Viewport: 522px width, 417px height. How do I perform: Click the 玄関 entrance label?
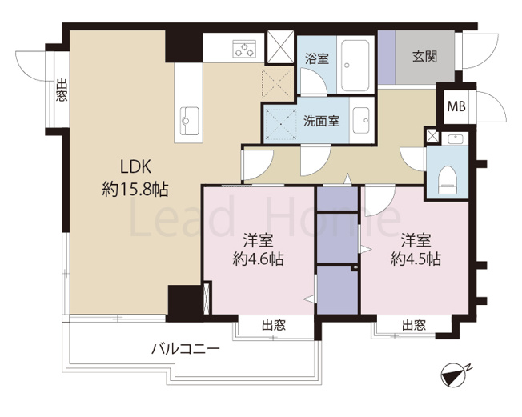pos(424,57)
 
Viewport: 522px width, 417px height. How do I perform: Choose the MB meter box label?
pos(456,106)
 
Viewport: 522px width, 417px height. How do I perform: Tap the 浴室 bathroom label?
pos(317,58)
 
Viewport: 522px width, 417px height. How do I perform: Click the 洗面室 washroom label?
pos(320,122)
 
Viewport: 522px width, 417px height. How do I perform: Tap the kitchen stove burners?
pos(243,49)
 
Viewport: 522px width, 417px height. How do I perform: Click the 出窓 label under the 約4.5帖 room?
pos(413,325)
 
